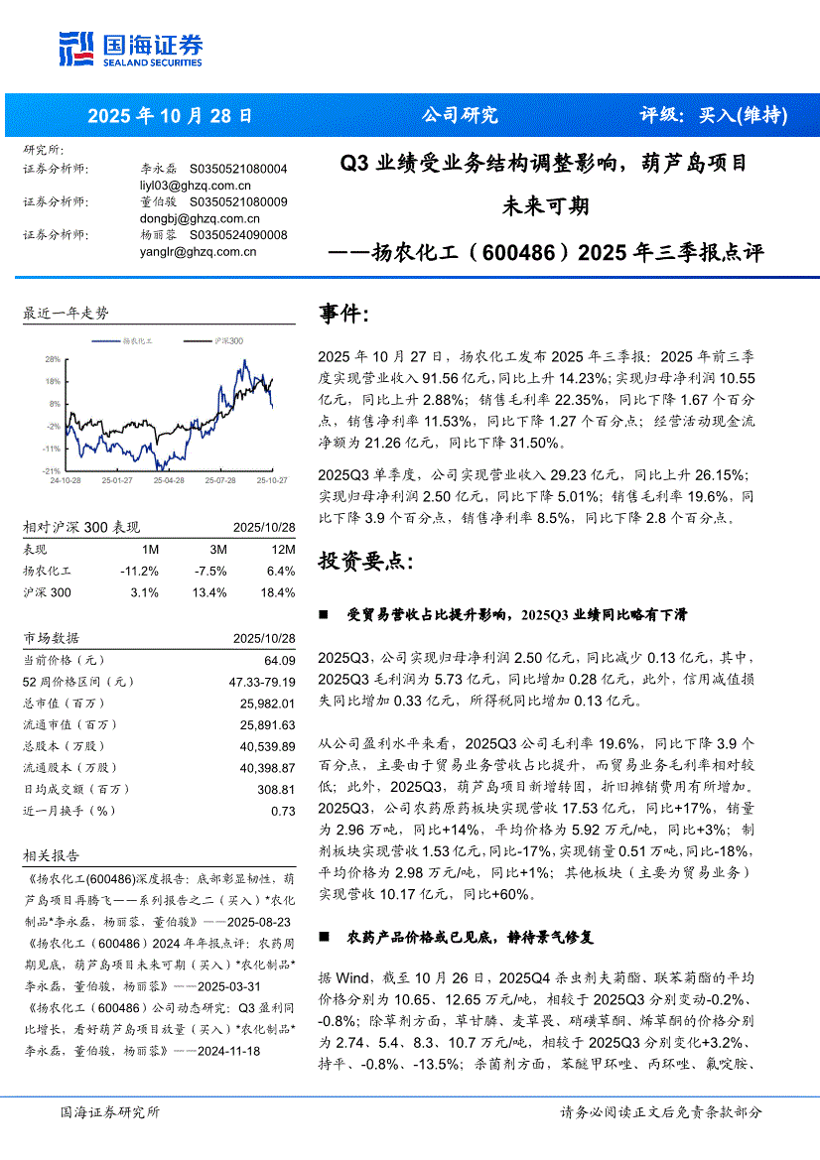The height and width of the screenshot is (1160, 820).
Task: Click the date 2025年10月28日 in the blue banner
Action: (x=171, y=115)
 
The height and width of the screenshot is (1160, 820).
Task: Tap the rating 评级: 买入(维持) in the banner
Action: (x=713, y=115)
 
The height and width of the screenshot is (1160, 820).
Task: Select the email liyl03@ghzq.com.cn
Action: (x=196, y=185)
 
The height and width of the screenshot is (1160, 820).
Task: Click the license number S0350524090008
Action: (x=237, y=235)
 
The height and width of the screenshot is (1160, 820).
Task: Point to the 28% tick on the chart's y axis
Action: (x=53, y=359)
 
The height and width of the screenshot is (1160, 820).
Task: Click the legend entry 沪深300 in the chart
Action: (x=228, y=341)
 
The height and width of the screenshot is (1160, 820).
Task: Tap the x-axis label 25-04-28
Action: (x=169, y=479)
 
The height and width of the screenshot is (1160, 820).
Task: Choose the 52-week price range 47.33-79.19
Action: (x=261, y=682)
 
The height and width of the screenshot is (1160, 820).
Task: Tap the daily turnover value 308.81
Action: (x=276, y=790)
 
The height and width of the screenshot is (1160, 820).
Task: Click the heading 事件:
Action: (x=342, y=315)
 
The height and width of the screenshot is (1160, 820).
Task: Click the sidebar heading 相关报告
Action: (x=51, y=855)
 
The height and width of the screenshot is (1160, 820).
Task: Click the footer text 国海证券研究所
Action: (x=110, y=1113)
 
